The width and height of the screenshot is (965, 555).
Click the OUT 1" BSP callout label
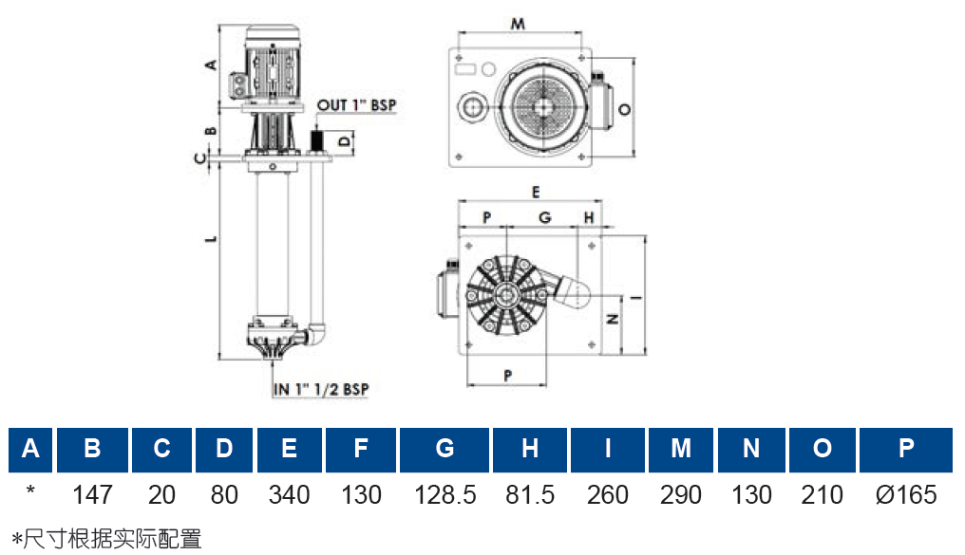coord(356,105)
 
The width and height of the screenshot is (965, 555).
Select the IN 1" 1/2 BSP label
coord(321,389)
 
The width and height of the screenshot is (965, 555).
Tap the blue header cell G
coord(445,450)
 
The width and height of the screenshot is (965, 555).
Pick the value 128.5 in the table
coord(445,495)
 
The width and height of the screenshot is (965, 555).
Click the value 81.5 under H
coord(530,495)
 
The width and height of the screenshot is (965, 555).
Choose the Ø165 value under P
coord(906,495)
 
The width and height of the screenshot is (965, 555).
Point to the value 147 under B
coord(92,495)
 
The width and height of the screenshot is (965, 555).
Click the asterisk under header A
coord(30,490)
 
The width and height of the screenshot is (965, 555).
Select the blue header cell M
coord(681,450)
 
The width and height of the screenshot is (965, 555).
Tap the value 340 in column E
coord(290,495)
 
